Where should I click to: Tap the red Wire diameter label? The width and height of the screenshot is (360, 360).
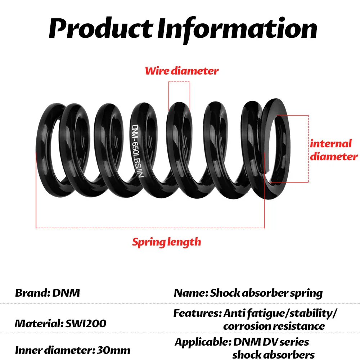point(181,71)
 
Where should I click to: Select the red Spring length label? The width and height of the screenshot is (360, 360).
point(166,242)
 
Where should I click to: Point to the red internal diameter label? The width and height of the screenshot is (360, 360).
point(333,150)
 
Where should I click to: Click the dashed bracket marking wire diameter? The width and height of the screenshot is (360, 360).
point(179,82)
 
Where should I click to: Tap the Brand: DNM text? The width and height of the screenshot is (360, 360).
point(47,293)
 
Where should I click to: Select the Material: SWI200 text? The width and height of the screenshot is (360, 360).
point(60,323)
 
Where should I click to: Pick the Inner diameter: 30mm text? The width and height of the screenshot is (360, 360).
point(72,350)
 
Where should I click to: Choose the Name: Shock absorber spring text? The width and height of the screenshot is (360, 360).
point(248,293)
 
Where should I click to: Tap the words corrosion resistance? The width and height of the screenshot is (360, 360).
point(274,326)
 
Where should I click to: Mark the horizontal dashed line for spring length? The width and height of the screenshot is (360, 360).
point(150,228)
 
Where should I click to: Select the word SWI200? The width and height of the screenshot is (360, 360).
point(86,323)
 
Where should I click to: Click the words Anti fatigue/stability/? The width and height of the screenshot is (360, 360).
point(280,313)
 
